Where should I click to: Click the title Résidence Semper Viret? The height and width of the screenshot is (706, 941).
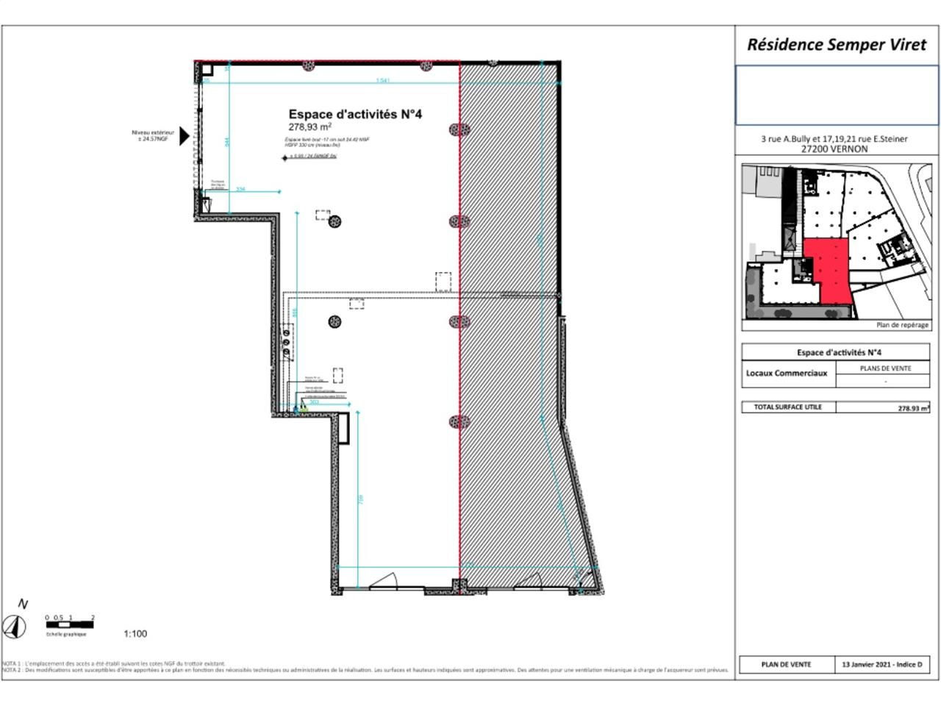pos(837,44)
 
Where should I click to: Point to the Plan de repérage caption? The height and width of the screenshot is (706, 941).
pos(902,325)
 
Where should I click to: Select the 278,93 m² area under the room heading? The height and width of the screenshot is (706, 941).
pos(310,126)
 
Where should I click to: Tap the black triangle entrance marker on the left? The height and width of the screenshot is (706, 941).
pos(184,136)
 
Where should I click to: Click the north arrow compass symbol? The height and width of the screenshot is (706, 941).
pos(15,627)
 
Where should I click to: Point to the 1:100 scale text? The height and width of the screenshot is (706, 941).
pos(135,634)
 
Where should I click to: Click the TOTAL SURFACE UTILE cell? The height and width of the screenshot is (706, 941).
pos(788,407)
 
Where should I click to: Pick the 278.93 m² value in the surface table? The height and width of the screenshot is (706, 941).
pos(913,408)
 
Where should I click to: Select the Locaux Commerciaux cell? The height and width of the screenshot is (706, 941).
pos(787,374)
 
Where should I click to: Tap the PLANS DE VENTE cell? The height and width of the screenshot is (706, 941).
pos(885,368)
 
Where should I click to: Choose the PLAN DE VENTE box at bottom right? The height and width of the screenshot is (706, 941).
pos(786,665)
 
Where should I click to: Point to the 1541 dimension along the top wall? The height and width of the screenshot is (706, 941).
pos(382,81)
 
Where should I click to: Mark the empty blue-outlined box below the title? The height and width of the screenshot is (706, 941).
pos(837,96)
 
